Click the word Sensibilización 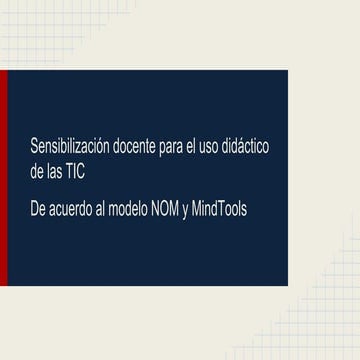(68, 148)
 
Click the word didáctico (256, 148)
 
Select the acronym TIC (76, 171)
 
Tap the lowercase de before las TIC (38, 171)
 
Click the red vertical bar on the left (3, 179)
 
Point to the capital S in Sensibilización (35, 148)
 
